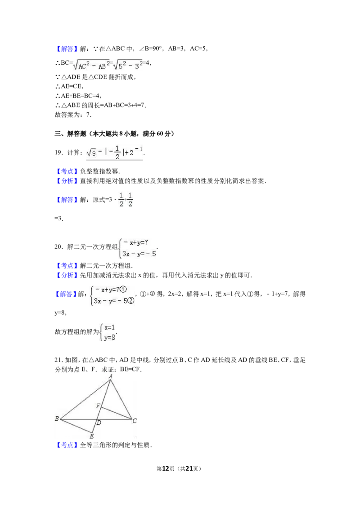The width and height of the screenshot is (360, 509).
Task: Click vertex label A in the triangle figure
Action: point(111,376)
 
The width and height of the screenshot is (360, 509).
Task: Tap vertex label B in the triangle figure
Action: point(57,419)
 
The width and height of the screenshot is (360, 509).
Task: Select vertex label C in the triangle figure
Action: point(135,421)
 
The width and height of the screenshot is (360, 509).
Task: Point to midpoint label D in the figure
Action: point(99,423)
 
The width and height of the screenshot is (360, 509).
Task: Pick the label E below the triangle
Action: point(92,436)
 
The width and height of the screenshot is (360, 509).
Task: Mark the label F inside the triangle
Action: point(98,406)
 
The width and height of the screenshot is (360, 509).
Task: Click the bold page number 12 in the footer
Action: point(166,469)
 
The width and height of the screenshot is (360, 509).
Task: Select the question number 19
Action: point(58,152)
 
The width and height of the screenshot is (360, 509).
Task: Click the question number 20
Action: point(58,247)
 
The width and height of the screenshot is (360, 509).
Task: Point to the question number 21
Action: point(58,360)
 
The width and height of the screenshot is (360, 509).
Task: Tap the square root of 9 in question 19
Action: point(91,152)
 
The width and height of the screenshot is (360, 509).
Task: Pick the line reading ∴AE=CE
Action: point(69,86)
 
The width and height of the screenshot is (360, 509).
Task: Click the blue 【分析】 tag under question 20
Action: point(67,275)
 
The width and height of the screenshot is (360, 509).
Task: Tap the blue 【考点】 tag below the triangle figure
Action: point(67,445)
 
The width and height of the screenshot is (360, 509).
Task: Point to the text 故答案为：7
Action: point(73,115)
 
